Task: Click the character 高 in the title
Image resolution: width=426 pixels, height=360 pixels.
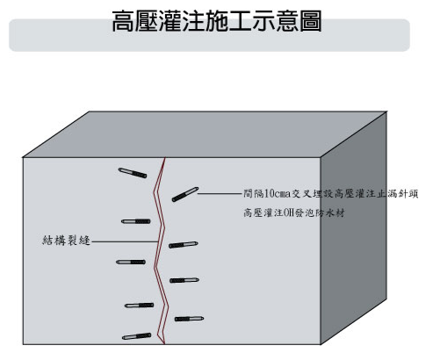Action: coord(124,21)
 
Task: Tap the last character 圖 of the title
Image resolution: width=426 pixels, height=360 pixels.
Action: coord(311,21)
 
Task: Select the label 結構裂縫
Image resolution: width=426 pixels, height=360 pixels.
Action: coord(66,241)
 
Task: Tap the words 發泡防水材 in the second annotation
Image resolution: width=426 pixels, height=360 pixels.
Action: coord(320,212)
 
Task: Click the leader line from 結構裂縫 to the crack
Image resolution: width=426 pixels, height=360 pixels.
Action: coord(125,241)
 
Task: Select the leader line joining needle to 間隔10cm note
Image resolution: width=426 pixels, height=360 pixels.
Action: coord(219,193)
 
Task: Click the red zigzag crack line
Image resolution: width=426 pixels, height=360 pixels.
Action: coord(159,252)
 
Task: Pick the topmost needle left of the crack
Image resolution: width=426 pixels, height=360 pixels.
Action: coord(133,173)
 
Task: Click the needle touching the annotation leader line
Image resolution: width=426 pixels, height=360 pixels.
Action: coord(185,194)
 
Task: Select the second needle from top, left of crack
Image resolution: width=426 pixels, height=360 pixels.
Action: coord(136,221)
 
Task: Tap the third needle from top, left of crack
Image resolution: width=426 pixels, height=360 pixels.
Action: coord(131,262)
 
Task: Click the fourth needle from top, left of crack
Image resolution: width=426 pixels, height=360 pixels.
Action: coord(139,306)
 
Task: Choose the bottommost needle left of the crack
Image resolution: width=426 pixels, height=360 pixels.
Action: coord(137,336)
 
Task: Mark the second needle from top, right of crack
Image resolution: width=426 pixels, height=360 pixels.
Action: coord(184,245)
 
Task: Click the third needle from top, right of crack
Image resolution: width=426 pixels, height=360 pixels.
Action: coord(184,280)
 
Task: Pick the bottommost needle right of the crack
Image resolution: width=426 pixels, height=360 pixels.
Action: coord(190,319)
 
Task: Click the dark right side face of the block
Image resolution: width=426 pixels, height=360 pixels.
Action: coord(354,228)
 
